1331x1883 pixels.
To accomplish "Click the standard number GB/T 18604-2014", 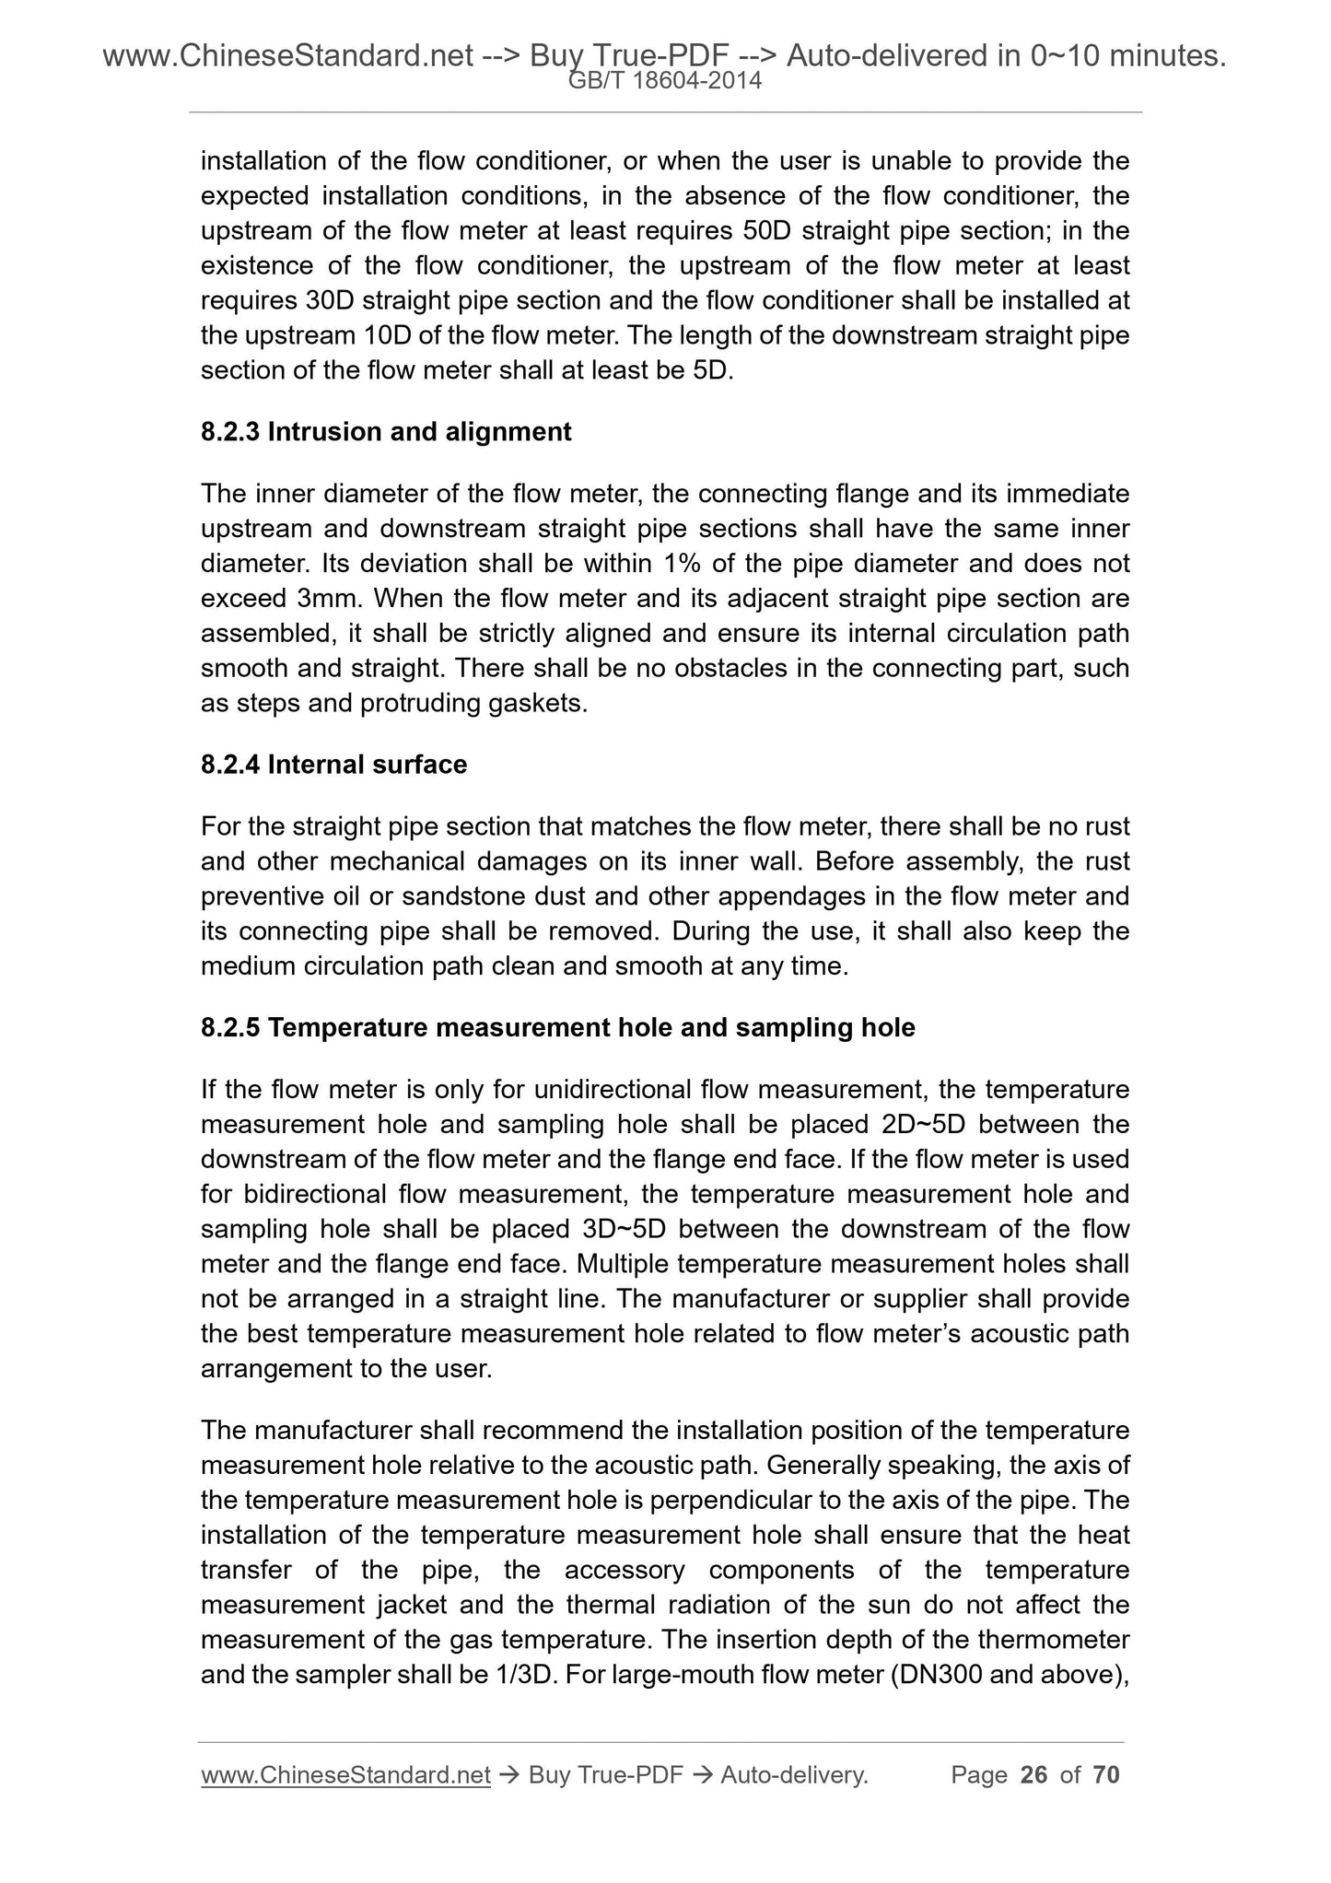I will click(665, 81).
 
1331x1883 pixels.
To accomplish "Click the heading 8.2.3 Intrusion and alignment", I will click(386, 431).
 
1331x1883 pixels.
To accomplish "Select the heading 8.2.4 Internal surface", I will click(333, 765).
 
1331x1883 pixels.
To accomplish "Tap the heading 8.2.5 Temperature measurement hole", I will click(557, 1028).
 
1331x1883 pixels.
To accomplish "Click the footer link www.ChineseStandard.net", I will click(345, 1775).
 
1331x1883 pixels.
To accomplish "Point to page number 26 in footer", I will click(1034, 1775).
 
